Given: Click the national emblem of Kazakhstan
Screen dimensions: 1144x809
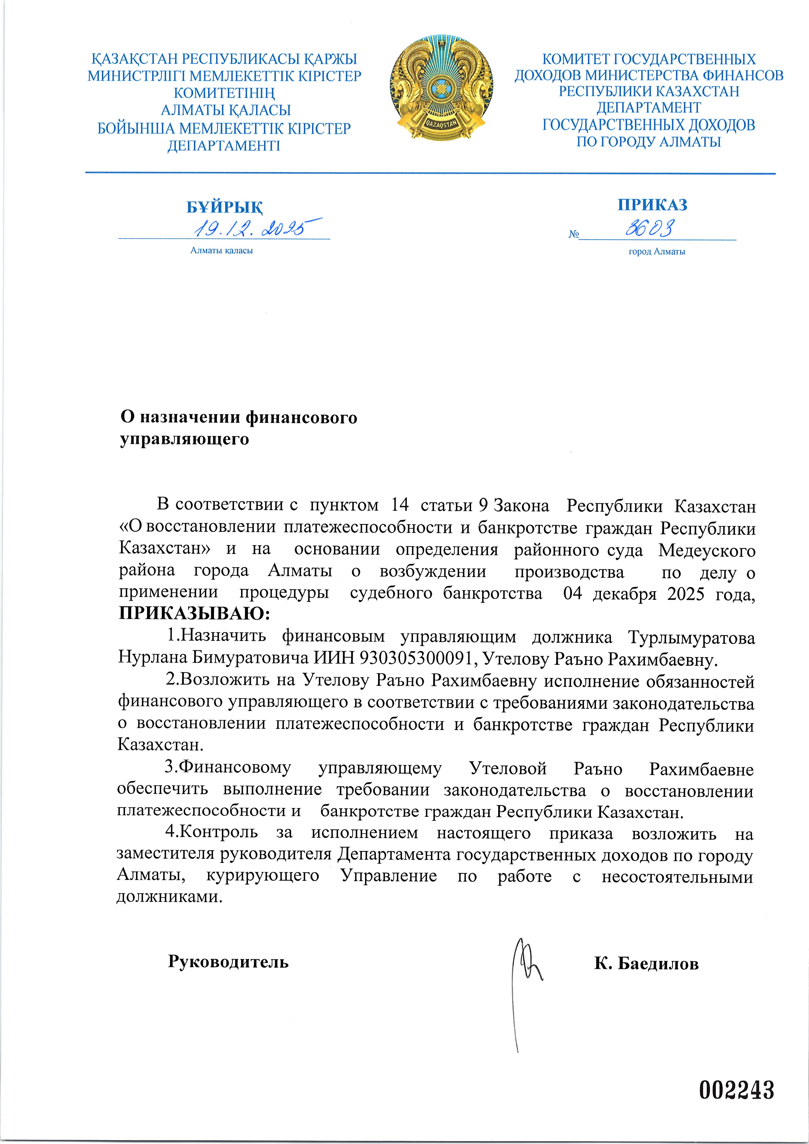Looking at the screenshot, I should [442, 88].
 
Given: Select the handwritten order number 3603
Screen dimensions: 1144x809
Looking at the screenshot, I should [650, 229].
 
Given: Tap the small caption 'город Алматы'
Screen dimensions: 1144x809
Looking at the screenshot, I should [656, 252].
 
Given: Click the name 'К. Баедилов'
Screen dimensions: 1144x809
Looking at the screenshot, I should [646, 964].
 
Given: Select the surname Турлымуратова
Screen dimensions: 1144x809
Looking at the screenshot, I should [691, 637].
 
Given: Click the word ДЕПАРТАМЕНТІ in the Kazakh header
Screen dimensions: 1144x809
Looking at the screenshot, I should [224, 146].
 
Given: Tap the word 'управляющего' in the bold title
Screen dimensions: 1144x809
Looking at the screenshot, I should [184, 439].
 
